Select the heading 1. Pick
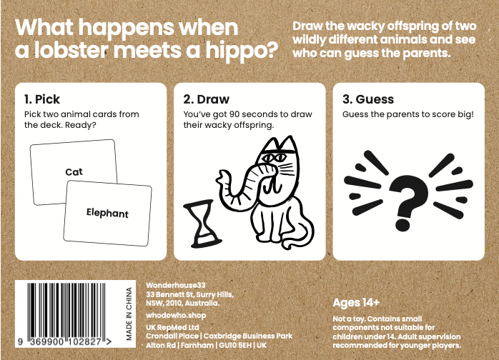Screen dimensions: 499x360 (42, 99)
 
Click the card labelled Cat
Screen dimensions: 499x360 (74, 171)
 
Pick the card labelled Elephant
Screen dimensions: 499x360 (107, 213)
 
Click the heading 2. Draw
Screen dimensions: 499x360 (206, 99)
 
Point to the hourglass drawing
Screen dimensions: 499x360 (202, 224)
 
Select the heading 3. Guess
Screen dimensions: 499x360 (368, 99)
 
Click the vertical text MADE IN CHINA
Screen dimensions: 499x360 (129, 314)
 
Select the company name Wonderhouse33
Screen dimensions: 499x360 (176, 285)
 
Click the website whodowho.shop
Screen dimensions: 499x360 (176, 316)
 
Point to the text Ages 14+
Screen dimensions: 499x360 (356, 302)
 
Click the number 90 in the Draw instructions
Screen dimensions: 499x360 (234, 114)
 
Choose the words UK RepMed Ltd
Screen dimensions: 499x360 (172, 328)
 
